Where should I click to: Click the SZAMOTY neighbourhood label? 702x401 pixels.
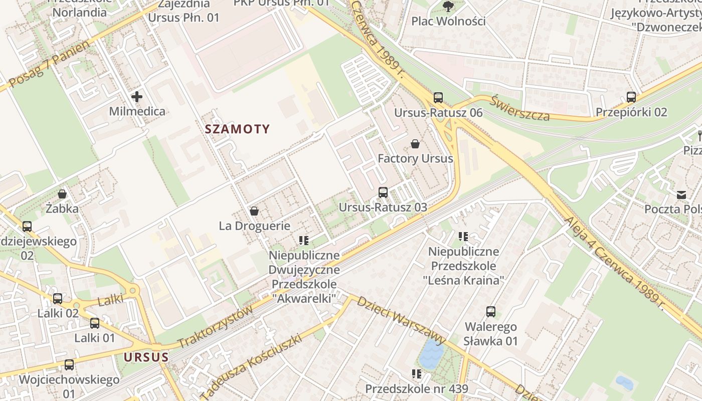click(237, 129)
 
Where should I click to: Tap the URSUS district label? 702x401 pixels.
click(146, 357)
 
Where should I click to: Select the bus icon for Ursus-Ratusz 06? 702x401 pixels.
click(438, 97)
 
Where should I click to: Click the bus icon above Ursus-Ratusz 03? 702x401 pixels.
click(383, 192)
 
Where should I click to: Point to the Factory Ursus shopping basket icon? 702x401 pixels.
click(415, 144)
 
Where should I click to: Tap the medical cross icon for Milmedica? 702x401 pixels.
click(137, 96)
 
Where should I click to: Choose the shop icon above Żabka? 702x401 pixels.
click(62, 193)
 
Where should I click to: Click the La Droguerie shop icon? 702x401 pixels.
click(254, 211)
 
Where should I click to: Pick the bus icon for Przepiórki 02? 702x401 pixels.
click(631, 97)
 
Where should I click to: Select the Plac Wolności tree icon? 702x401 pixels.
click(448, 7)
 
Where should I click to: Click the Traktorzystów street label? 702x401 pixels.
click(216, 327)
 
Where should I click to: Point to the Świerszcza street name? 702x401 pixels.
click(520, 108)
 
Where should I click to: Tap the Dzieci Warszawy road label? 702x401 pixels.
click(401, 321)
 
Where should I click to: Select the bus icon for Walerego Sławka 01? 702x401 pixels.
click(491, 312)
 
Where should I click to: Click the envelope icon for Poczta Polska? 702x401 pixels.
click(681, 194)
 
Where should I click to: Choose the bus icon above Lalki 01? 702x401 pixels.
click(95, 323)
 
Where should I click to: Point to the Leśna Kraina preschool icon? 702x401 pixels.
click(463, 236)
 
